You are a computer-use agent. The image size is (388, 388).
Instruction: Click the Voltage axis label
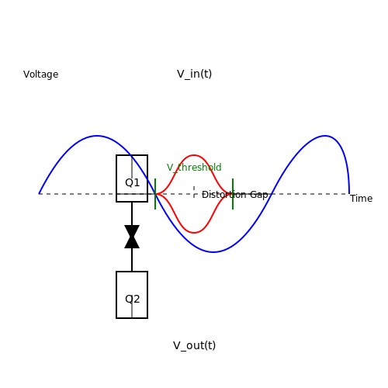[x=41, y=74]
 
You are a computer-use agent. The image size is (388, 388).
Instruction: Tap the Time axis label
[x=361, y=199]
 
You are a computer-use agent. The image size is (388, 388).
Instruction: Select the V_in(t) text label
[x=195, y=74]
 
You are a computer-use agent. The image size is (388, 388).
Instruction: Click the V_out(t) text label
[x=194, y=345]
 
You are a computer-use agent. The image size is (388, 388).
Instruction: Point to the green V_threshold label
[x=194, y=168]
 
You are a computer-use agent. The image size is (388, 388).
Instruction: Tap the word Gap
[x=259, y=195]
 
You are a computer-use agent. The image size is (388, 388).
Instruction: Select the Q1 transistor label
[x=133, y=182]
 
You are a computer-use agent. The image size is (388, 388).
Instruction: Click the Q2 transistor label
[x=133, y=299]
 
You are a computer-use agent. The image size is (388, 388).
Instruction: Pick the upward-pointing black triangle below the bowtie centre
[x=132, y=243]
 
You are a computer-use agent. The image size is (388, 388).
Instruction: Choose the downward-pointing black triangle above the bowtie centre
[x=132, y=230]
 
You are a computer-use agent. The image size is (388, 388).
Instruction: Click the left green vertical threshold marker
[x=155, y=194]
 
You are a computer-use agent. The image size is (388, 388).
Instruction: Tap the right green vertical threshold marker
[x=233, y=194]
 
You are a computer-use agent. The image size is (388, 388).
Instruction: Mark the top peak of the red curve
[x=194, y=155]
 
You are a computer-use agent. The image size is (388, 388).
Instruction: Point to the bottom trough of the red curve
[x=194, y=233]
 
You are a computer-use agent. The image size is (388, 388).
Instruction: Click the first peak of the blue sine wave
[x=97, y=136]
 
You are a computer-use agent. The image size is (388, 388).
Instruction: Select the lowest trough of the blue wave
[x=213, y=252]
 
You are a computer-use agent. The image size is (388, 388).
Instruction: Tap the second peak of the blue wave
[x=325, y=136]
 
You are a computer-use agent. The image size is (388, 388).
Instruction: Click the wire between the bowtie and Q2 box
[x=132, y=260]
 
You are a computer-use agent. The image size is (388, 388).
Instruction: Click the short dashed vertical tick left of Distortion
[x=194, y=192]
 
